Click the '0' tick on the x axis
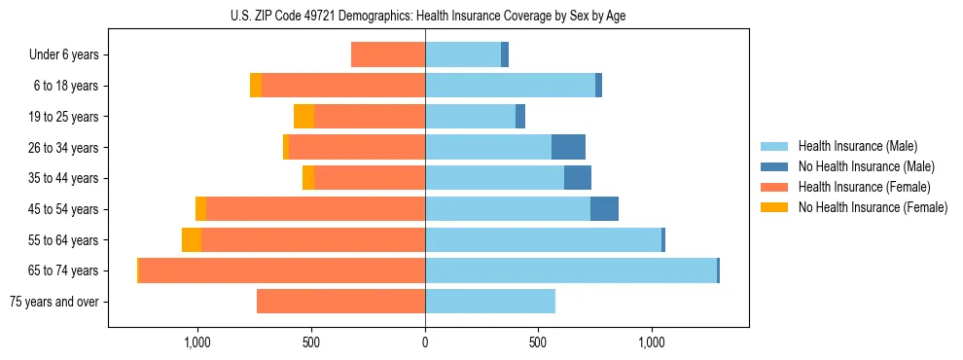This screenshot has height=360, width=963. pyautogui.click(x=425, y=342)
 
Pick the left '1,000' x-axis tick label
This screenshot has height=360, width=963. pyautogui.click(x=197, y=342)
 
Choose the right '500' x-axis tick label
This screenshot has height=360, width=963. pyautogui.click(x=538, y=342)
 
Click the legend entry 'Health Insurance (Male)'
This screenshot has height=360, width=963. pyautogui.click(x=857, y=146)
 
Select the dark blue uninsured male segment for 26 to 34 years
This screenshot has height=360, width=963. pyautogui.click(x=568, y=147)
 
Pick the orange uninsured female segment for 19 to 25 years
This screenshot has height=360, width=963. pyautogui.click(x=303, y=117)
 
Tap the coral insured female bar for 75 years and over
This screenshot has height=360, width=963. pyautogui.click(x=340, y=302)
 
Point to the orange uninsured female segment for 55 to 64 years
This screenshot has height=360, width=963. pyautogui.click(x=192, y=240)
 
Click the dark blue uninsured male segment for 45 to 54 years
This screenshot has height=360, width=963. pyautogui.click(x=604, y=209)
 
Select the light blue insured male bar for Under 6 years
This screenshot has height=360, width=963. pyautogui.click(x=463, y=55)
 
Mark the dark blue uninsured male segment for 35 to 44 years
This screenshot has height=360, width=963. pyautogui.click(x=578, y=178)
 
